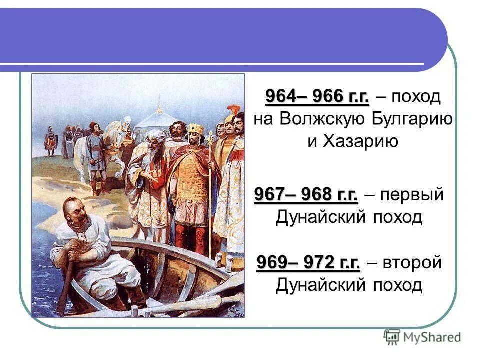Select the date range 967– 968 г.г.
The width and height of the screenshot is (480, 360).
(306, 194)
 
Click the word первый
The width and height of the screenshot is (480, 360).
(412, 194)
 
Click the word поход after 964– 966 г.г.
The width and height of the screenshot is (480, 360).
(416, 96)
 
